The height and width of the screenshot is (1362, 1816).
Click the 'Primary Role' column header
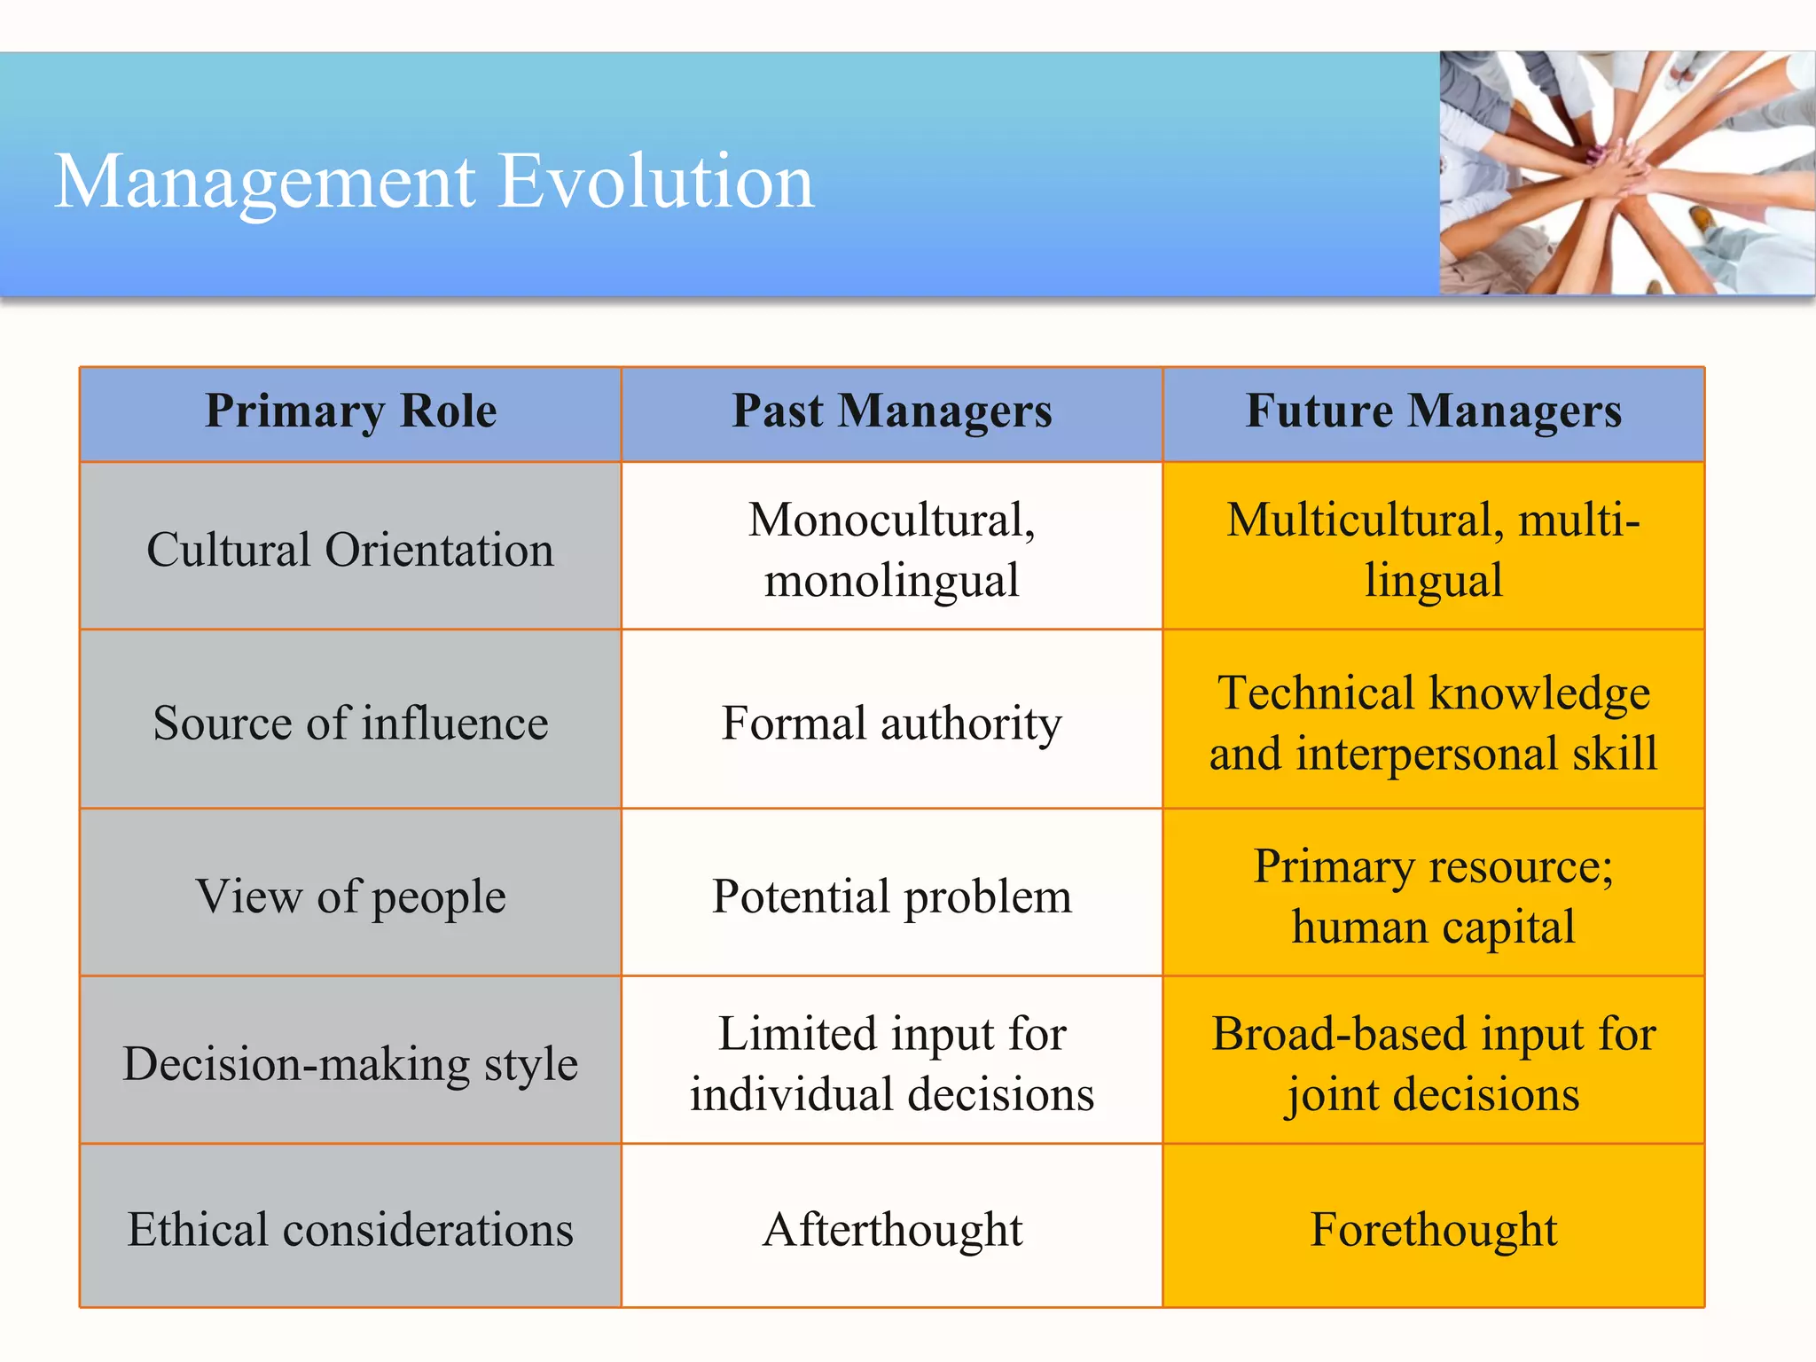point(351,412)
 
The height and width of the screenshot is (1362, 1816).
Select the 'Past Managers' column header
point(892,412)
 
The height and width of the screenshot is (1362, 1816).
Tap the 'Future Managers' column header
point(1434,412)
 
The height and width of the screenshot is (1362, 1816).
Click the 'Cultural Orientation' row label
point(351,550)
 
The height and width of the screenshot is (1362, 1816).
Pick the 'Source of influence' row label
point(351,723)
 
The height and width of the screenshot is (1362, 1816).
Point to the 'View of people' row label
point(351,896)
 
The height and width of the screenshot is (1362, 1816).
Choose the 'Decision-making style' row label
point(351,1063)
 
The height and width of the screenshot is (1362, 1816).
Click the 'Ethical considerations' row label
point(351,1230)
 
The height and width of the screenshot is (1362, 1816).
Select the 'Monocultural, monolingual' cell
point(892,550)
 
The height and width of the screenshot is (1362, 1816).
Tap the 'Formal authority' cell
point(892,723)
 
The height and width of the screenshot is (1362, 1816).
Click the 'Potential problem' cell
point(892,896)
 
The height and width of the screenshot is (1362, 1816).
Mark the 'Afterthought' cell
point(892,1230)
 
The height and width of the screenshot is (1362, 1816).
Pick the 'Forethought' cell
point(1434,1230)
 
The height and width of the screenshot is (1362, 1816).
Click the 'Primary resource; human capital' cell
point(1434,896)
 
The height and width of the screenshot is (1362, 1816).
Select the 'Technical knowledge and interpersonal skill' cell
point(1434,723)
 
